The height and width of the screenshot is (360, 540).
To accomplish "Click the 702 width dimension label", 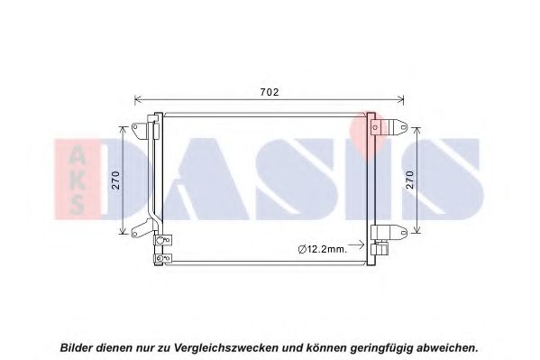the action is (270, 92).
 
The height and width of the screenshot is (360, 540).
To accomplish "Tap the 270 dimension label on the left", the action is (116, 180).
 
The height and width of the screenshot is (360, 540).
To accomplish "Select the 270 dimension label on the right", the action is (409, 180).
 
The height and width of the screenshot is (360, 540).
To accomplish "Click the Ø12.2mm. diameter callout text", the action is (323, 249).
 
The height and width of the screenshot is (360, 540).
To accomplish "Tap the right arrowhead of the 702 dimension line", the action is (400, 100).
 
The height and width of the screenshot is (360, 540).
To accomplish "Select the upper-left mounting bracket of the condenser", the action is (140, 130).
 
